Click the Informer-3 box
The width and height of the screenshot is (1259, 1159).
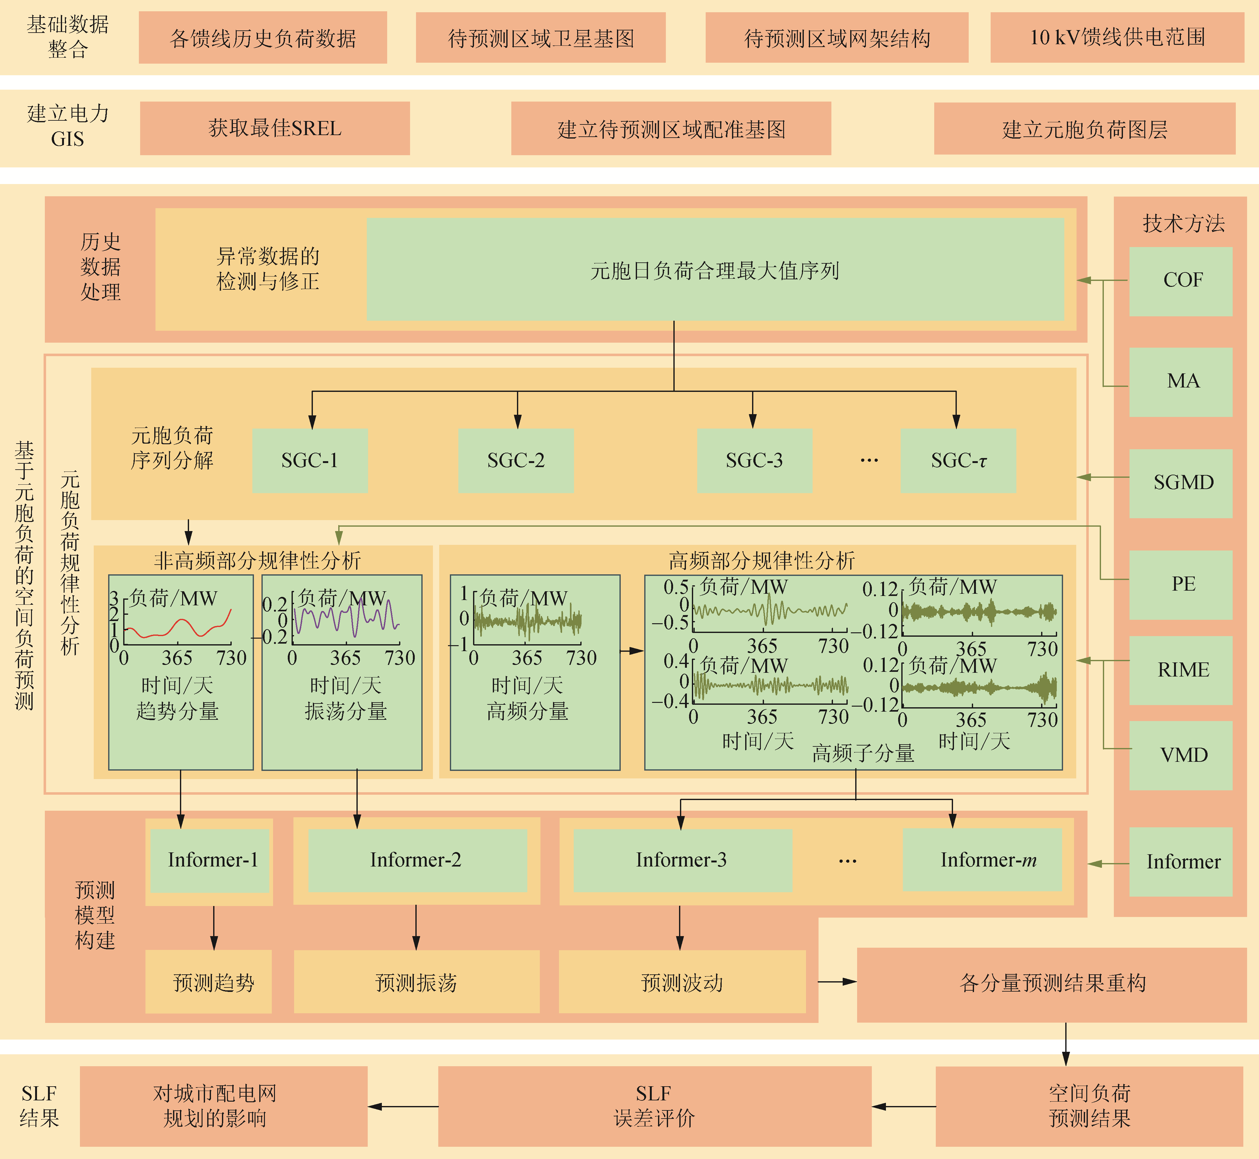tap(682, 860)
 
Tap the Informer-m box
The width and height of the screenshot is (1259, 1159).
tap(982, 860)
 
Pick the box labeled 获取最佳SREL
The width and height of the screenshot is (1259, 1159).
tap(275, 129)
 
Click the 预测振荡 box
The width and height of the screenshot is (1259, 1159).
tap(416, 982)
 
